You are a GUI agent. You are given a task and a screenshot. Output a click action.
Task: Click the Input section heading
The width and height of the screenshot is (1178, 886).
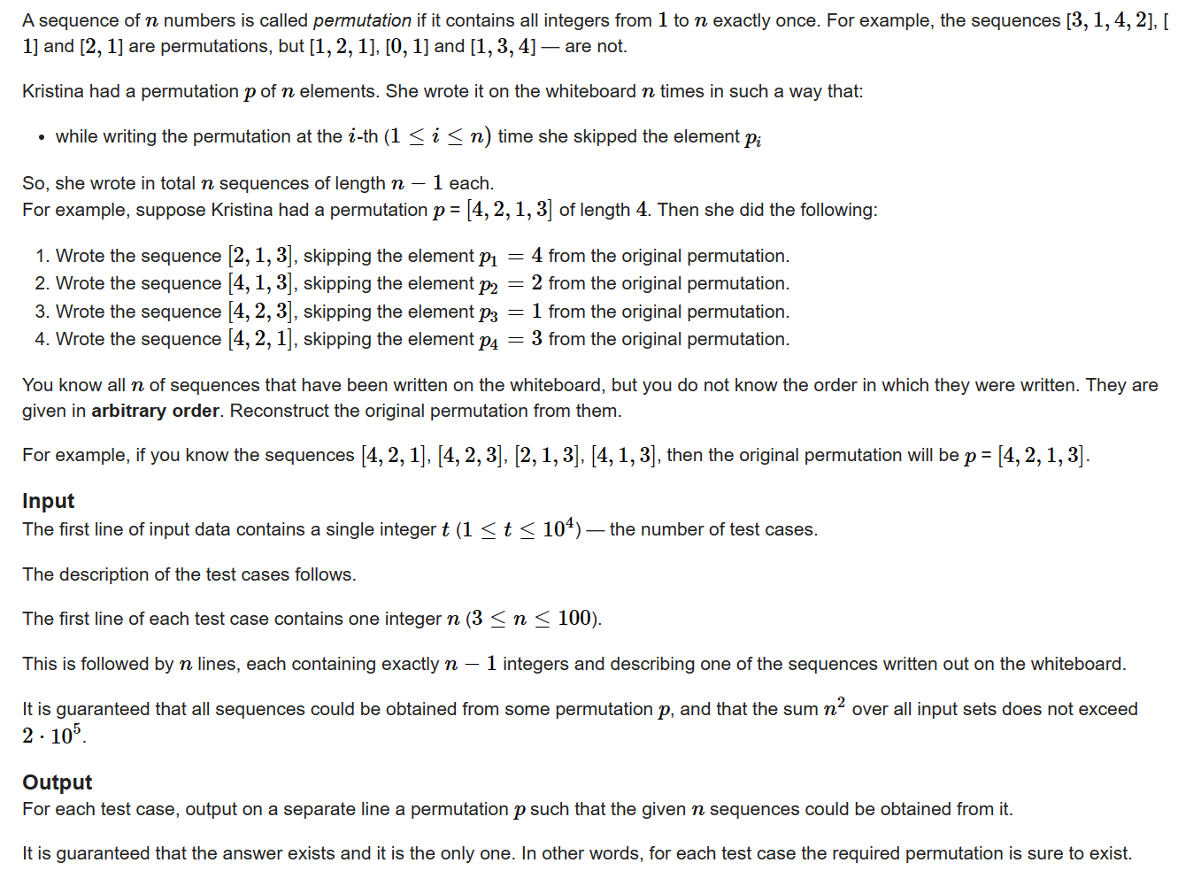(49, 501)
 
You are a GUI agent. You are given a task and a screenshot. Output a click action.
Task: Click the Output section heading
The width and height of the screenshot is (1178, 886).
(57, 782)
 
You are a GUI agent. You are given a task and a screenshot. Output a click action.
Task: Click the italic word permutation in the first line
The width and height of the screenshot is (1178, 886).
(362, 20)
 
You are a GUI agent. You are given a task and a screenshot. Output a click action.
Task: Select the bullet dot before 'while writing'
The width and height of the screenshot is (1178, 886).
(41, 137)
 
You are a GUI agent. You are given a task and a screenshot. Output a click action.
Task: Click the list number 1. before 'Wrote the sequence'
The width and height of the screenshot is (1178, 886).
(42, 257)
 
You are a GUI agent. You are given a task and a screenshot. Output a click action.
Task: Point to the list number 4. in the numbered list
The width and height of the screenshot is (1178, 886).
(42, 340)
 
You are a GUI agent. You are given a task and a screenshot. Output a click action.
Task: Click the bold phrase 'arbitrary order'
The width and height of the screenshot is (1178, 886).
(155, 411)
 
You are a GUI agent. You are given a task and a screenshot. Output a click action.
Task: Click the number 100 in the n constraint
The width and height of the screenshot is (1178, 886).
(574, 618)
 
